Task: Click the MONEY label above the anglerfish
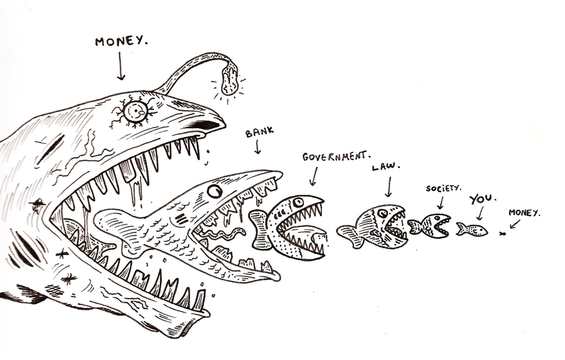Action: coord(122,42)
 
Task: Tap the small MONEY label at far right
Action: coord(524,213)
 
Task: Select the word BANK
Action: coord(257,133)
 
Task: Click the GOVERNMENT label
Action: coord(336,156)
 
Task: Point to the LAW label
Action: coord(387,167)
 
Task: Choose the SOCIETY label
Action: coord(444,187)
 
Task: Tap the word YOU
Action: coord(482,199)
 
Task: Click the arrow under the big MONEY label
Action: coord(121,67)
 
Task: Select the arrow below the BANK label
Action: coord(257,148)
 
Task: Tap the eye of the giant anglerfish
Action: coord(136,112)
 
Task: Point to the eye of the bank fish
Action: coord(215,189)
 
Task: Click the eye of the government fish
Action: coord(297,202)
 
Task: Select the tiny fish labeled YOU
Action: coord(472,230)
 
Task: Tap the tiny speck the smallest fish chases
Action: coord(502,234)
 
